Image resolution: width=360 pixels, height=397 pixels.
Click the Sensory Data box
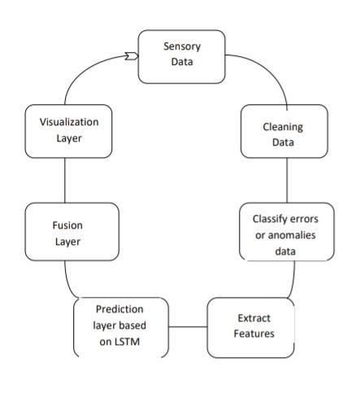(181, 57)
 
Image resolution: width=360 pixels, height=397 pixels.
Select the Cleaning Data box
(284, 131)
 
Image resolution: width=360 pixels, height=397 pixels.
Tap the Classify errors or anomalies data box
(287, 232)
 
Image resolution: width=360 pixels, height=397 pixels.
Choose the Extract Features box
(250, 328)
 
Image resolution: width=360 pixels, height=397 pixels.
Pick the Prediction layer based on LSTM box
(121, 328)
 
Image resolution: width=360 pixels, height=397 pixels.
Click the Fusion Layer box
(72, 232)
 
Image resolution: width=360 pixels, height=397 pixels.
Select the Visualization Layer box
(68, 131)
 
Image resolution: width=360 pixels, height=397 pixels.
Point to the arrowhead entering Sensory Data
(132, 56)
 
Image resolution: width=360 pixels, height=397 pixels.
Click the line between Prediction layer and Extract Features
(188, 327)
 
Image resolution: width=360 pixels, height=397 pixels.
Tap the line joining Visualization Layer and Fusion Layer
(65, 181)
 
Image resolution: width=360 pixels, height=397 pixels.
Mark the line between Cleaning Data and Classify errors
(287, 181)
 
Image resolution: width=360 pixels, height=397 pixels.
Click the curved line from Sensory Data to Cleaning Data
(268, 70)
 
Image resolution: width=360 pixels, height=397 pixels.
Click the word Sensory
(182, 46)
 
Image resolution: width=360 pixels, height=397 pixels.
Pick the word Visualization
(69, 122)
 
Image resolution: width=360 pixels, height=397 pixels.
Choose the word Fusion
(67, 225)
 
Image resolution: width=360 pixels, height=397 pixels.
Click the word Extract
(254, 318)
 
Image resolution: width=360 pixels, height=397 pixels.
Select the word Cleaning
(283, 127)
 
